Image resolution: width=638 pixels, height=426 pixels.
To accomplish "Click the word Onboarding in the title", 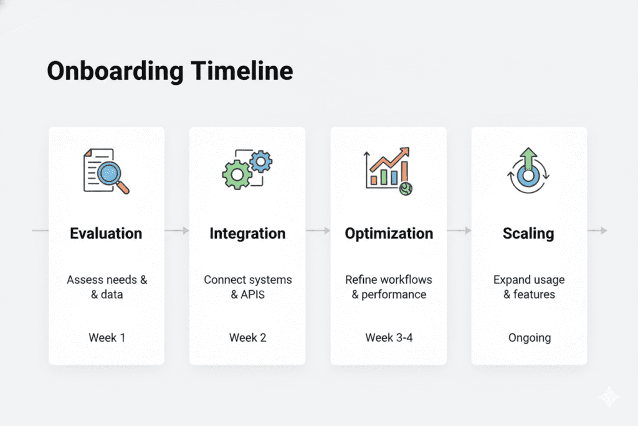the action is coord(115,72).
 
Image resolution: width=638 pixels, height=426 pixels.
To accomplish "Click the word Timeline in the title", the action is coord(242,70).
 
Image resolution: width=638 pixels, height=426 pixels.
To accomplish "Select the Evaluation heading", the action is coord(106,233).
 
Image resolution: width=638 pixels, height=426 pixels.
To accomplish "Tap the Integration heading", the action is coord(247,234).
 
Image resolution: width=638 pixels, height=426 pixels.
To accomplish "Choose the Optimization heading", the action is coord(389,234).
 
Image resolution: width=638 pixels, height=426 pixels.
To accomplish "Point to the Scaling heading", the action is coord(528,234).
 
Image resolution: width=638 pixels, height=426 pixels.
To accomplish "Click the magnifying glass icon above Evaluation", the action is coord(113,176).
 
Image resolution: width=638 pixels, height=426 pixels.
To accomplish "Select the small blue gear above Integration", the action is coord(261,162).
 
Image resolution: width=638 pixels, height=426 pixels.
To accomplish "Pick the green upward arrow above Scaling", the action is coord(528,159).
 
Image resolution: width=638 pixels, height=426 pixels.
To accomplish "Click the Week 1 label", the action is coord(107,337).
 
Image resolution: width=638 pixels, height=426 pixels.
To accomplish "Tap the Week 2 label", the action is coord(247,337).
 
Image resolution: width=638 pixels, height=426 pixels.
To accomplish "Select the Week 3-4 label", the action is coord(389,337).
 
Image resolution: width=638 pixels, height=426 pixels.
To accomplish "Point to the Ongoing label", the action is coord(530,338).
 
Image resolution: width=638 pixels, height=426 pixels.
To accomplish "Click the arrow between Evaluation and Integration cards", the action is coord(177,231).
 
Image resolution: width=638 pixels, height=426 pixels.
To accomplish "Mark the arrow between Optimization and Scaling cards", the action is coord(459,231).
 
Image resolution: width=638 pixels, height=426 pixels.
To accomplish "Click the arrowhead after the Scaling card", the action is coord(604,231).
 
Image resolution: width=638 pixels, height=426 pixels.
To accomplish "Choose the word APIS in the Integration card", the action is coord(253,294).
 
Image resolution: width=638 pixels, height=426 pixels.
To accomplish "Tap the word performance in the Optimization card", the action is coord(394,295).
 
